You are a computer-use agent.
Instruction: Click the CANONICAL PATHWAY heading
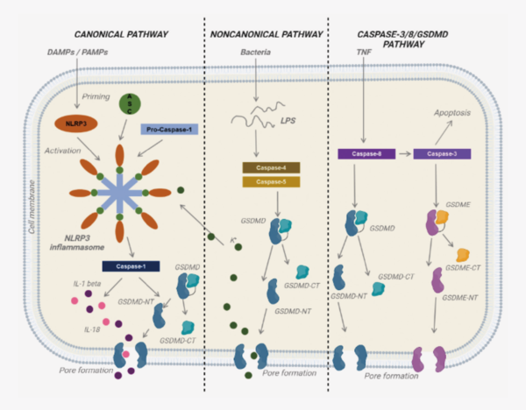[x=121, y=34]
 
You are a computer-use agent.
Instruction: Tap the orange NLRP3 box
[x=75, y=124]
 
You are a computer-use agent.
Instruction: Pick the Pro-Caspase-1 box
[x=168, y=130]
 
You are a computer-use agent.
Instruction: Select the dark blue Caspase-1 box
[x=130, y=265]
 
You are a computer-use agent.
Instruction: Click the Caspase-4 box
[x=270, y=167]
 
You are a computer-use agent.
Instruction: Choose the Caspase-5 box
[x=270, y=182]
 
